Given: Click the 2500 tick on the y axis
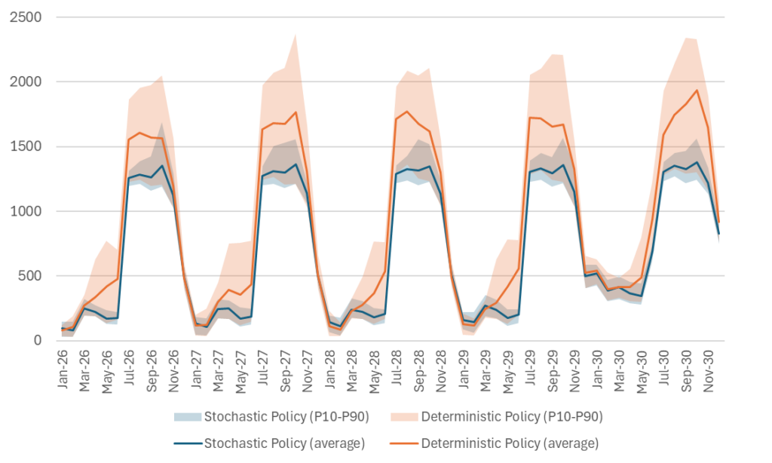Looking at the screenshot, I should click(26, 17).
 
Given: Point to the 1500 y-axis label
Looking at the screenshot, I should click(26, 146).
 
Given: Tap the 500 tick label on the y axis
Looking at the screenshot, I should click(30, 276).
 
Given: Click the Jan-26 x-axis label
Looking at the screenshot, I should click(63, 369).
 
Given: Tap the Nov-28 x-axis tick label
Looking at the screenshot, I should click(442, 369).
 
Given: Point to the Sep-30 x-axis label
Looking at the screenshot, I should click(687, 369).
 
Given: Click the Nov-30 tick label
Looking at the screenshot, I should click(709, 369).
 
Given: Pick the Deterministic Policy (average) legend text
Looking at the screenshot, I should click(510, 443).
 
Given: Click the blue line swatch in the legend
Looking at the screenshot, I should click(186, 443).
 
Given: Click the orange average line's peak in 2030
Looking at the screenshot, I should click(696, 90).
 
